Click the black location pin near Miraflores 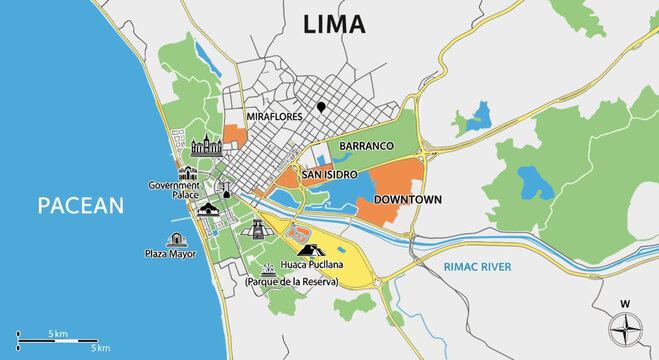coord(321,107)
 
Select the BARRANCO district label coord(369,146)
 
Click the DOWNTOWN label coord(407,200)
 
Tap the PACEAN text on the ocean coord(80,206)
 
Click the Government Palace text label coord(173,190)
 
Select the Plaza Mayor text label coord(169,254)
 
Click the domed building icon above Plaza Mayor coord(177,240)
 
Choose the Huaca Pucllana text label coord(312,266)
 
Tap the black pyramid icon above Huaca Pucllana coord(309,250)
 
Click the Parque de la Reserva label coord(292,283)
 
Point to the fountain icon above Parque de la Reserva coord(268,268)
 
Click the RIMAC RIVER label coord(478,267)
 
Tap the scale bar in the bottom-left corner coord(58,340)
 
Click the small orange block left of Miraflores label coord(234,134)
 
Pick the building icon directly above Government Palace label coord(188,173)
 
